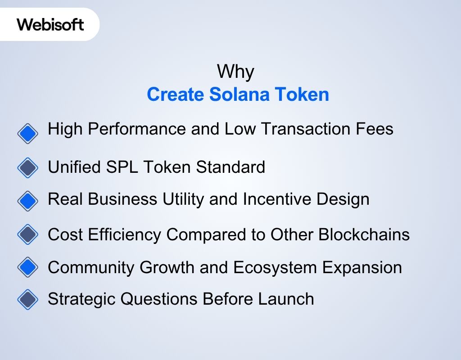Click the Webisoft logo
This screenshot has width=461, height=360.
tap(50, 24)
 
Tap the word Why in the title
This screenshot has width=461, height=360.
tap(235, 72)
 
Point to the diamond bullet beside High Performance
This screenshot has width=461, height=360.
tap(28, 134)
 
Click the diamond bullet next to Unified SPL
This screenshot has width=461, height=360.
tap(28, 168)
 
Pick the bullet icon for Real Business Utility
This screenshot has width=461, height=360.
tap(28, 201)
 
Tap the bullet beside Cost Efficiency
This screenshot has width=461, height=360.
tap(28, 234)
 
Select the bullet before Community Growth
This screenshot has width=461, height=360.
tap(28, 267)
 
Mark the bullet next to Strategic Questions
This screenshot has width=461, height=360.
tap(28, 299)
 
